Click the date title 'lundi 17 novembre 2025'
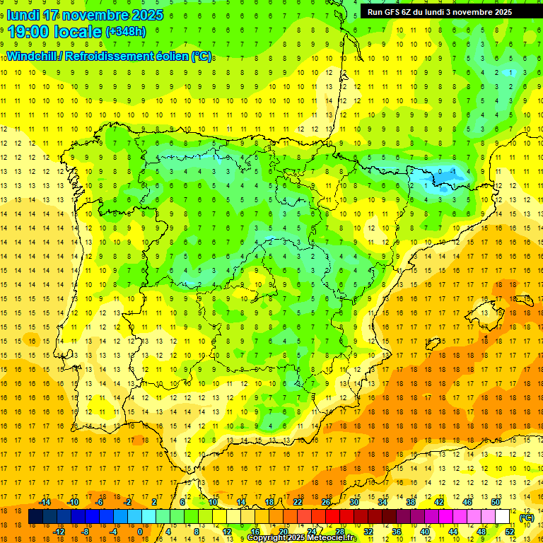click(x=85, y=15)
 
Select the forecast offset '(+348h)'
click(x=126, y=32)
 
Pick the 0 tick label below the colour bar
click(x=140, y=532)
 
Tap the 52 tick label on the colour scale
click(x=509, y=532)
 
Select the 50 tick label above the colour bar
click(x=495, y=502)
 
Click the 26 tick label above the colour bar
click(x=326, y=502)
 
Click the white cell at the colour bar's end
click(x=503, y=517)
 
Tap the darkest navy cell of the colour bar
click(x=35, y=517)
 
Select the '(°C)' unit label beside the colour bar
click(x=526, y=517)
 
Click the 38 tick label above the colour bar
click(x=411, y=502)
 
